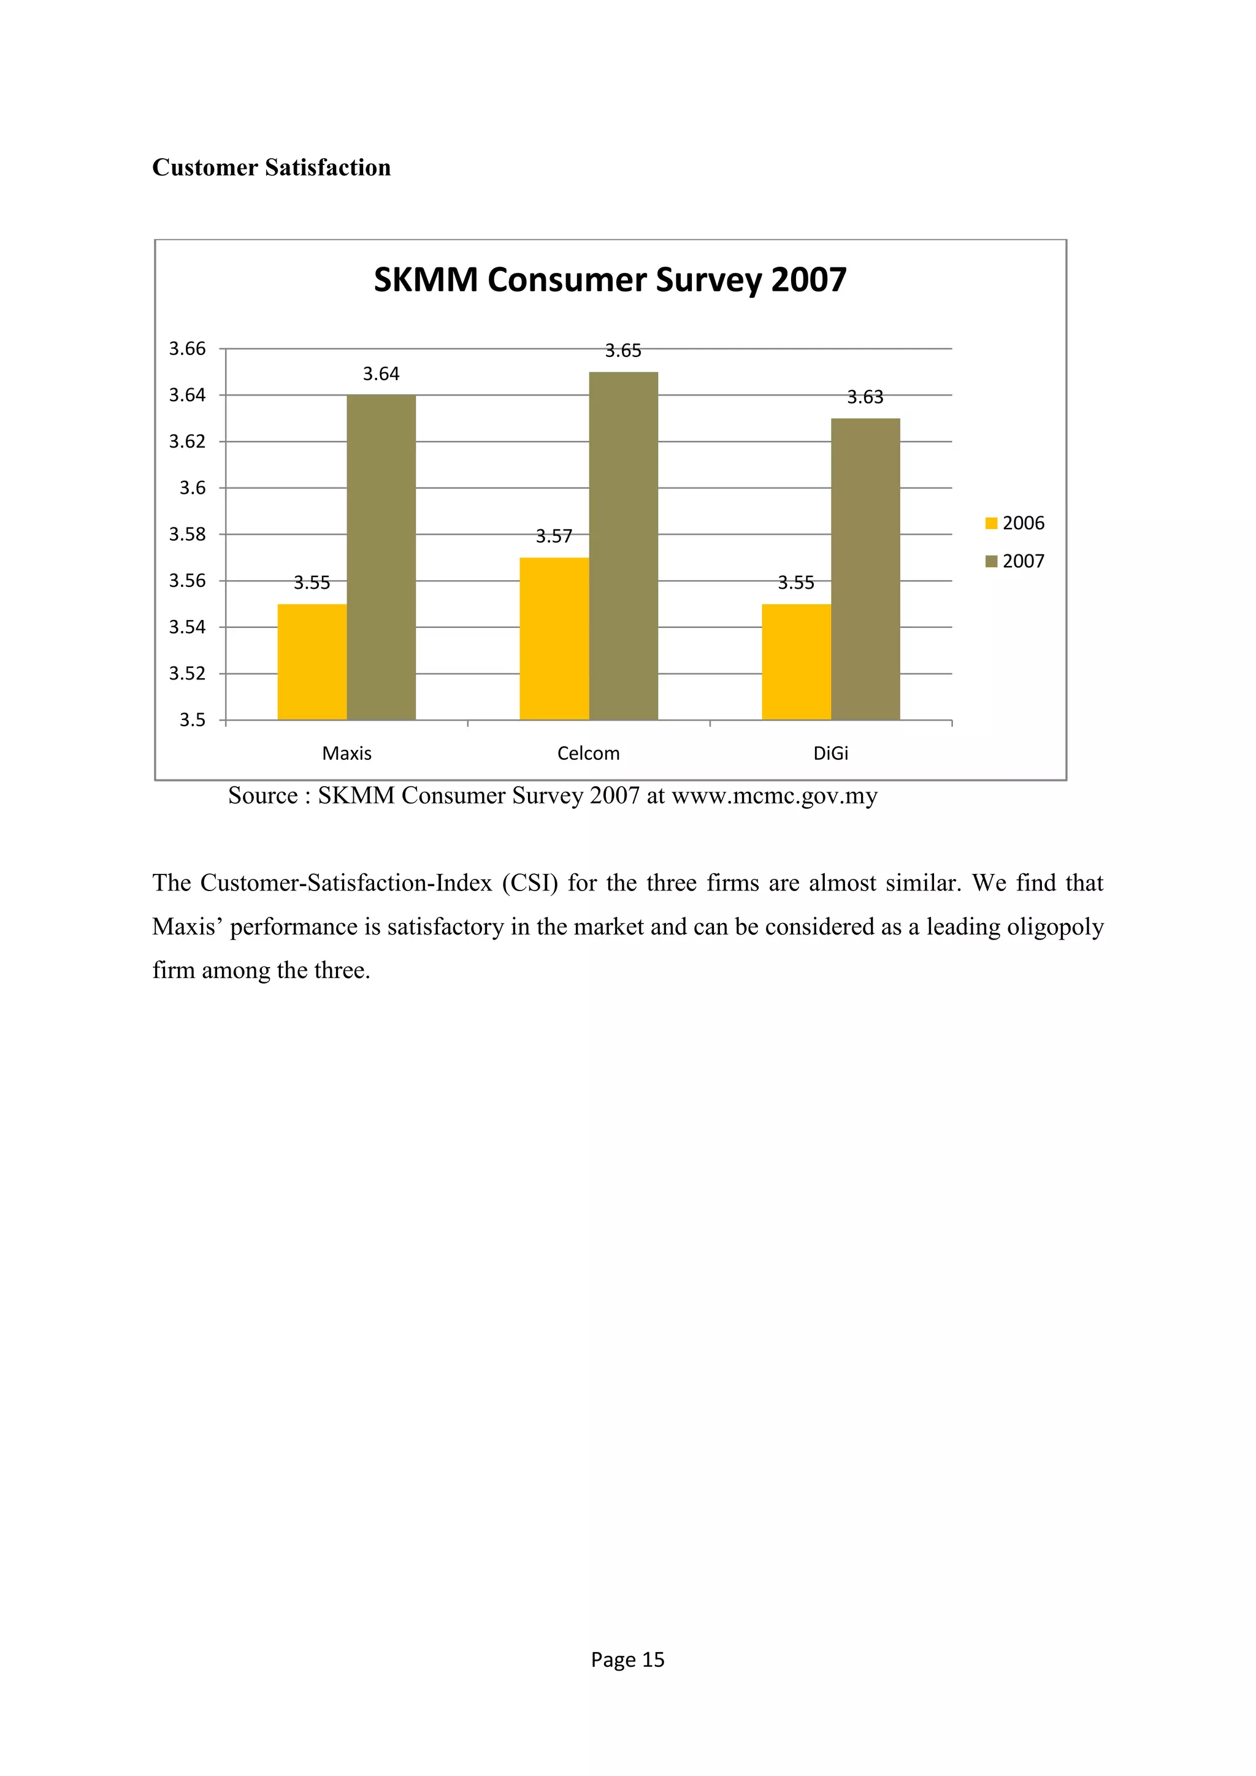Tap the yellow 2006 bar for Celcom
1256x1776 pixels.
coord(554,638)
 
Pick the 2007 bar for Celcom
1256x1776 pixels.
coord(623,545)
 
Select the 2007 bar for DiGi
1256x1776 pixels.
coord(865,568)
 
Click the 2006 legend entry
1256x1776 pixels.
coord(1015,524)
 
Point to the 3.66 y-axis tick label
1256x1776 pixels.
coord(187,349)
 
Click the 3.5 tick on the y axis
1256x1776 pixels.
coord(192,720)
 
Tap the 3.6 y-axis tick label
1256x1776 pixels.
coord(192,488)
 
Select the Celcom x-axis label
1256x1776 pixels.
coord(589,754)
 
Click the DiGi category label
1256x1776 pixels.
coord(830,754)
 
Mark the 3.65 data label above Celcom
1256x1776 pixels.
coord(622,351)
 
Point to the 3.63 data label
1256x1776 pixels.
coord(865,397)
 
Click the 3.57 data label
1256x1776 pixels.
coord(554,537)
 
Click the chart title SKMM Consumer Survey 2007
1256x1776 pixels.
coord(610,280)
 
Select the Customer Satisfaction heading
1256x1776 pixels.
coord(272,168)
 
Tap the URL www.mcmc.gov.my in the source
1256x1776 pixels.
coord(774,796)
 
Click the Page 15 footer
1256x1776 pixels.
coord(627,1659)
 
